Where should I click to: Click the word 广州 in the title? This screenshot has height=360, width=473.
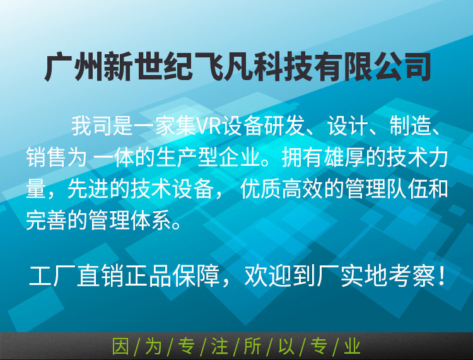pyautogui.click(x=74, y=66)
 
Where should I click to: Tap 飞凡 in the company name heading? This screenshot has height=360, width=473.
pyautogui.click(x=223, y=66)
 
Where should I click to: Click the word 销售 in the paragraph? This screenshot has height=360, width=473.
pyautogui.click(x=46, y=158)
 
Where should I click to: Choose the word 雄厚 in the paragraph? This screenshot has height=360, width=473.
pyautogui.click(x=344, y=158)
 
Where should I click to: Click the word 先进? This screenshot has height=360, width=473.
pyautogui.click(x=88, y=189)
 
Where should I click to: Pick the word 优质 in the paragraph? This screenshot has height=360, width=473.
pyautogui.click(x=260, y=189)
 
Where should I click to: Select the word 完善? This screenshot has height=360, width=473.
pyautogui.click(x=46, y=221)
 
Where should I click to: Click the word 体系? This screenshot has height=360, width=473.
pyautogui.click(x=151, y=221)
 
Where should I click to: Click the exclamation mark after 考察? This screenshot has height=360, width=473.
pyautogui.click(x=442, y=276)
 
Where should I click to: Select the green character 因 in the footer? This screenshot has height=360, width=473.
pyautogui.click(x=120, y=346)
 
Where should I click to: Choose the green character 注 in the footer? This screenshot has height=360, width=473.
pyautogui.click(x=219, y=346)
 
